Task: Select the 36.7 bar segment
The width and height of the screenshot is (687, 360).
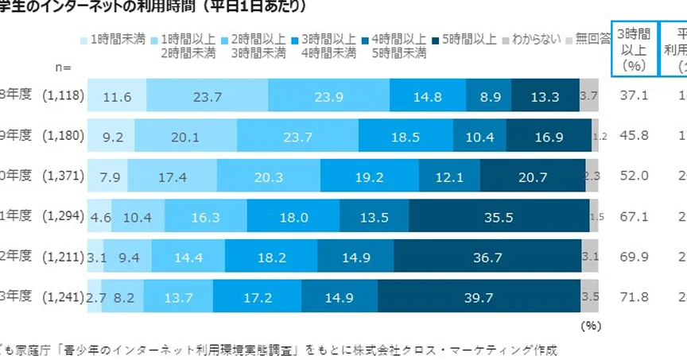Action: [487, 257]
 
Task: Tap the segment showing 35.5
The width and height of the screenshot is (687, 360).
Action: [499, 216]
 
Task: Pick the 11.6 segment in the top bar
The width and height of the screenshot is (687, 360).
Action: [117, 96]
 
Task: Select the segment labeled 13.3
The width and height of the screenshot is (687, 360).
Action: [545, 96]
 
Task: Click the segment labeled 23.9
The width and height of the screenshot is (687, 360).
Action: [328, 96]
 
